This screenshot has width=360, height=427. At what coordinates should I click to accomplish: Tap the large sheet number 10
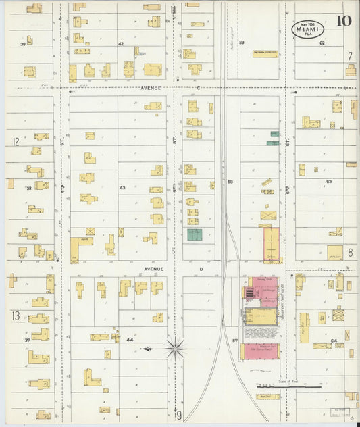[x=343, y=20]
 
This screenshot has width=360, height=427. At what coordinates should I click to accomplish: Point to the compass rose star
[x=175, y=349]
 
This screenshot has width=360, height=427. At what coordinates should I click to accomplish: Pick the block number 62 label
[x=322, y=43]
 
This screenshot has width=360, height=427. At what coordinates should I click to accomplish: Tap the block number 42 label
[x=121, y=43]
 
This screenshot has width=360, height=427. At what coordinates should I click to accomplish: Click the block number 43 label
[x=122, y=187]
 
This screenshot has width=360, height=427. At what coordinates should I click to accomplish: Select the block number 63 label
[x=329, y=182]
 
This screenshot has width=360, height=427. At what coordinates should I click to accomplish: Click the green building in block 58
[x=195, y=234]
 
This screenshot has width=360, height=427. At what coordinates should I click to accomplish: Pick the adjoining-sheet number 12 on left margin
[x=15, y=142]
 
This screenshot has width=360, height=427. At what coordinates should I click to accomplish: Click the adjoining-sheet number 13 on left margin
[x=15, y=316]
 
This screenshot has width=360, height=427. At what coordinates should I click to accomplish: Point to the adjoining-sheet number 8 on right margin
[x=350, y=253]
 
